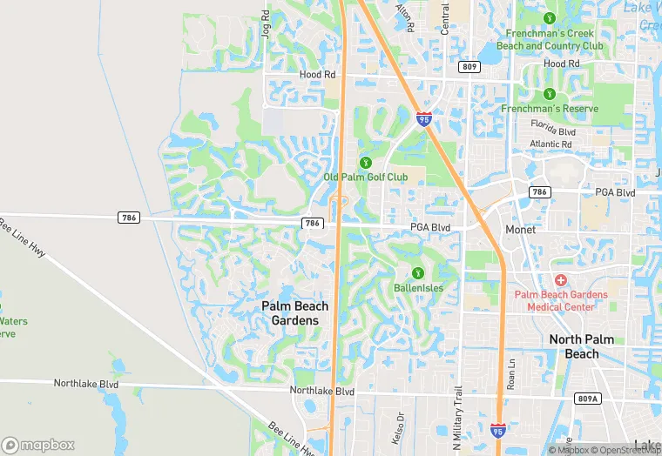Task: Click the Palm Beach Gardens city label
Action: coord(295,313)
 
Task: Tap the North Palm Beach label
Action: coord(581,346)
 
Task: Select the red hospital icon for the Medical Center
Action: coord(560,279)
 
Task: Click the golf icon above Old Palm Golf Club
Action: coord(365,163)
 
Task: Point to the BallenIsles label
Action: coord(418,288)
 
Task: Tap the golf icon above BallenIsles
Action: coord(418,273)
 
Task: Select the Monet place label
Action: coord(522,230)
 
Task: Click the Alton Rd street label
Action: coord(404,14)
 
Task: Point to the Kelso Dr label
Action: coord(401,424)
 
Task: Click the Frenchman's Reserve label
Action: coord(550,109)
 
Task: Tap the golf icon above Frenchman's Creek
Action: coord(550,18)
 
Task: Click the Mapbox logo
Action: coord(38,444)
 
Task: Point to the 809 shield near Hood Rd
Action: coord(470,66)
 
